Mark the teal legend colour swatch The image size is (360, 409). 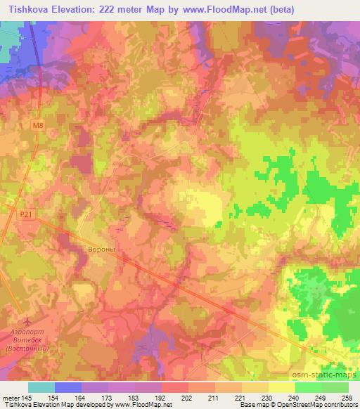click(x=41, y=387)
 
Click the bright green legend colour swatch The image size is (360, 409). click(x=309, y=387)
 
